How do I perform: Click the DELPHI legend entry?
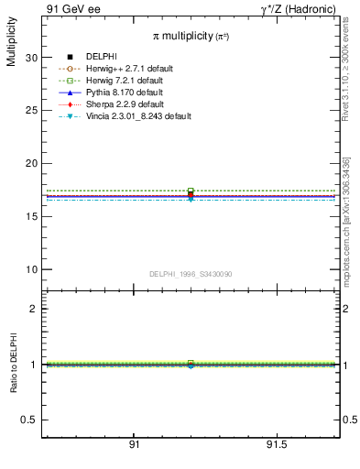coord(101,57)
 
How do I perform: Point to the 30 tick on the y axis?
coord(32,57)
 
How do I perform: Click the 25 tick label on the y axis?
coord(32,110)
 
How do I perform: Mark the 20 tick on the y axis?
coord(32,163)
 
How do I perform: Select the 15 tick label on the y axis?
coord(32,216)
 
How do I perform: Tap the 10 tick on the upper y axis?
coord(32,269)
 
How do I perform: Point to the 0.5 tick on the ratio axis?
coord(29,420)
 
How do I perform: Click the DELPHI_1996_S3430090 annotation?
coord(191,275)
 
